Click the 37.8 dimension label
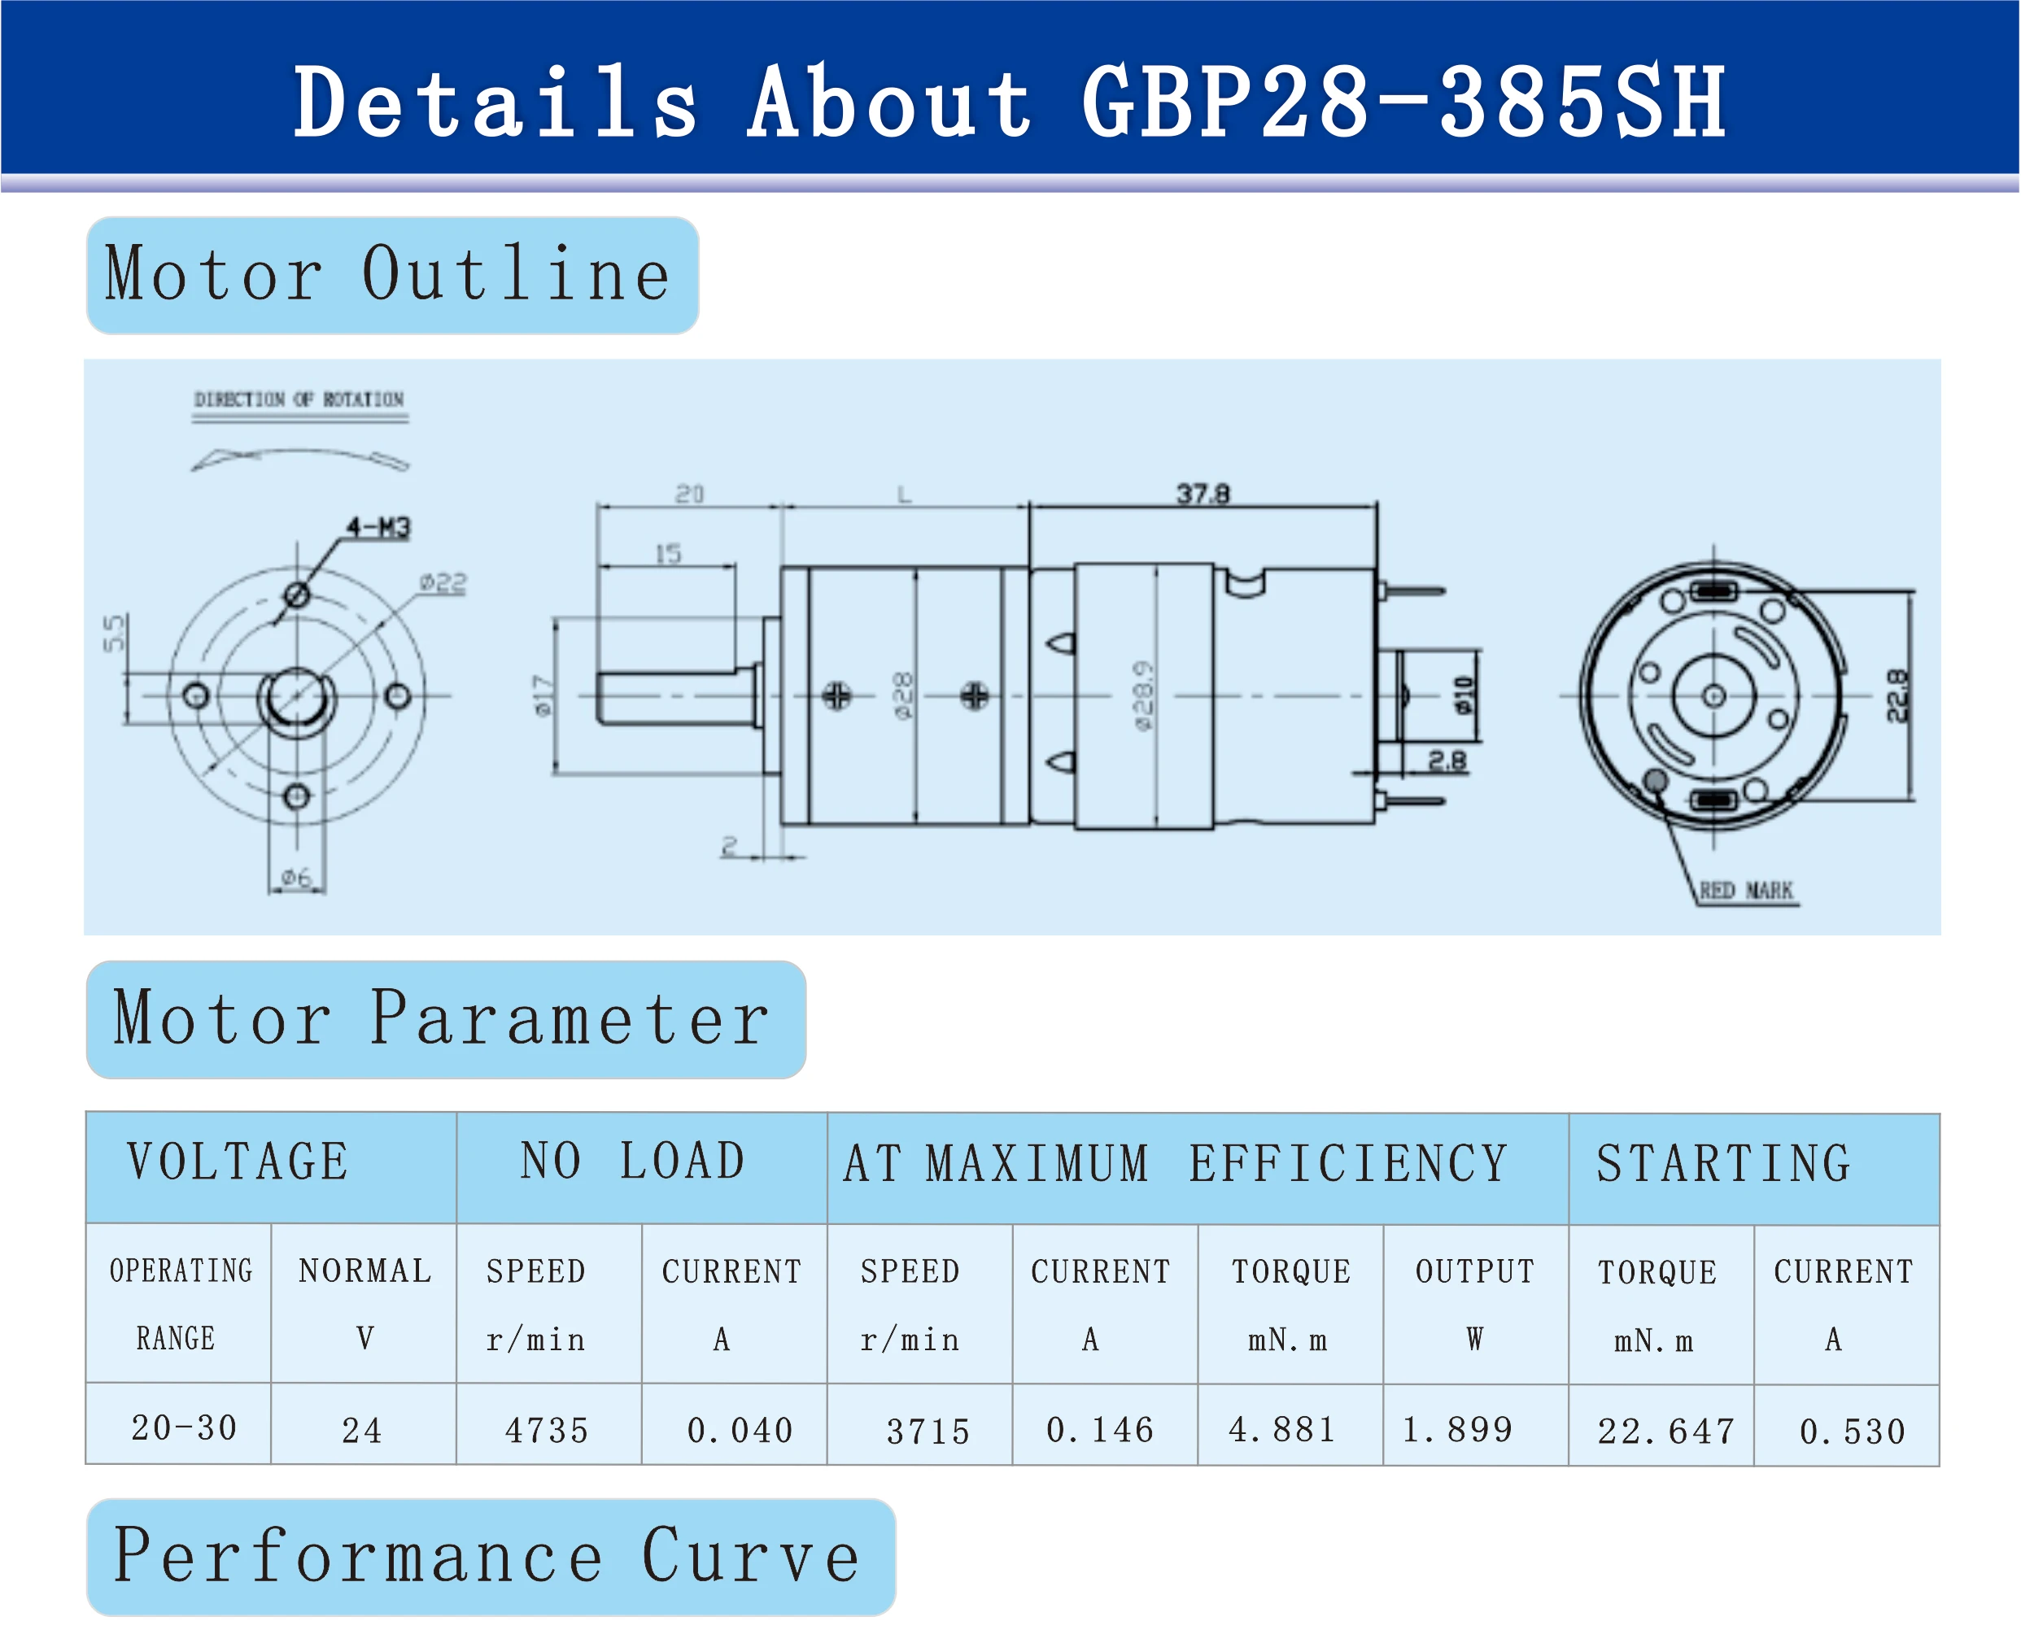[1203, 493]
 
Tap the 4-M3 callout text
[378, 528]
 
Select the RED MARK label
[1745, 890]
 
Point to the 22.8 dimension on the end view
[1897, 695]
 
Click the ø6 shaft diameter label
[297, 878]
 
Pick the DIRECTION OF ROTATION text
[299, 399]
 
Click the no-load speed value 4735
[547, 1430]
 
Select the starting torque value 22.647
[1665, 1431]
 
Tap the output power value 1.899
[1456, 1429]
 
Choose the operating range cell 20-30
[184, 1428]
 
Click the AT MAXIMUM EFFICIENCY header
[1175, 1164]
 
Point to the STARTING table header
[1723, 1164]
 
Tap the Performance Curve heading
[486, 1557]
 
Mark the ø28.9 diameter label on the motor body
[1142, 695]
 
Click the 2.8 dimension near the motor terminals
[1447, 761]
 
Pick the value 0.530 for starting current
[1852, 1431]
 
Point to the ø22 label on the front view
[443, 584]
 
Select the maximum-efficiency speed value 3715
[928, 1431]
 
